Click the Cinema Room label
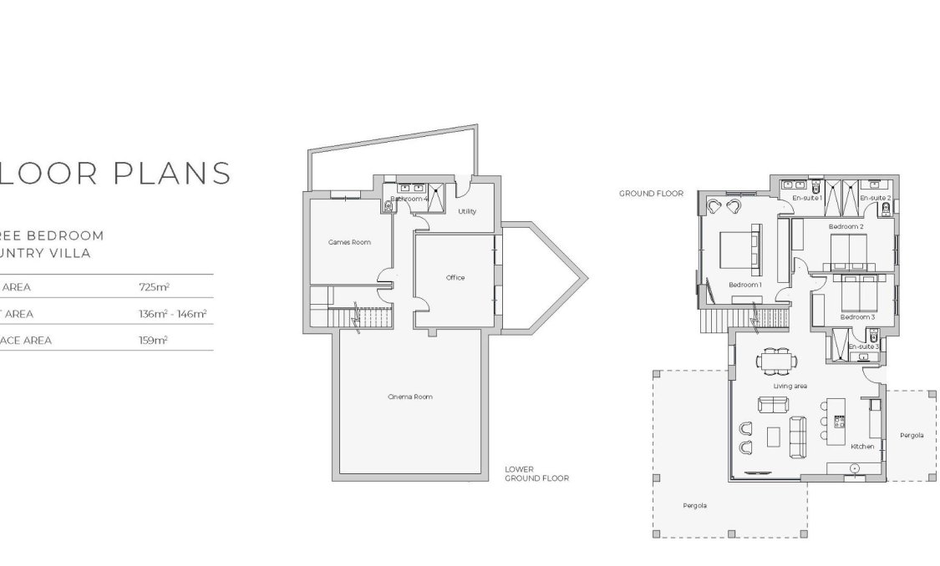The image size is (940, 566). point(410,397)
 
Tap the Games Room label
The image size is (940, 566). point(348,242)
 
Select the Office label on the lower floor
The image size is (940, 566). point(455,278)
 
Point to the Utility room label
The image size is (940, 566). point(467,211)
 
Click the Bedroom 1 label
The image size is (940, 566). point(745,285)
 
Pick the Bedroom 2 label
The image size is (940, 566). point(846,226)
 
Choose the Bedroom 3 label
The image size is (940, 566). point(857,317)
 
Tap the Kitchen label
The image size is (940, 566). point(862,447)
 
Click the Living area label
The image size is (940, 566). point(790,387)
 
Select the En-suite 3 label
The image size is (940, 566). point(864,346)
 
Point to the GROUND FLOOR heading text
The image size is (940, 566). point(651,194)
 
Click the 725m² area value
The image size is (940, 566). point(155,286)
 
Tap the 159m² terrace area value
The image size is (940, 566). point(154,341)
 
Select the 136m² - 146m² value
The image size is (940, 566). point(172,314)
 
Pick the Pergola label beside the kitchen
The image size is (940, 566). point(911,435)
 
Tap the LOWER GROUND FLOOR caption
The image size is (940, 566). point(536,474)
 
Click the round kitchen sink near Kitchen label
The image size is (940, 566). point(856,468)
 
